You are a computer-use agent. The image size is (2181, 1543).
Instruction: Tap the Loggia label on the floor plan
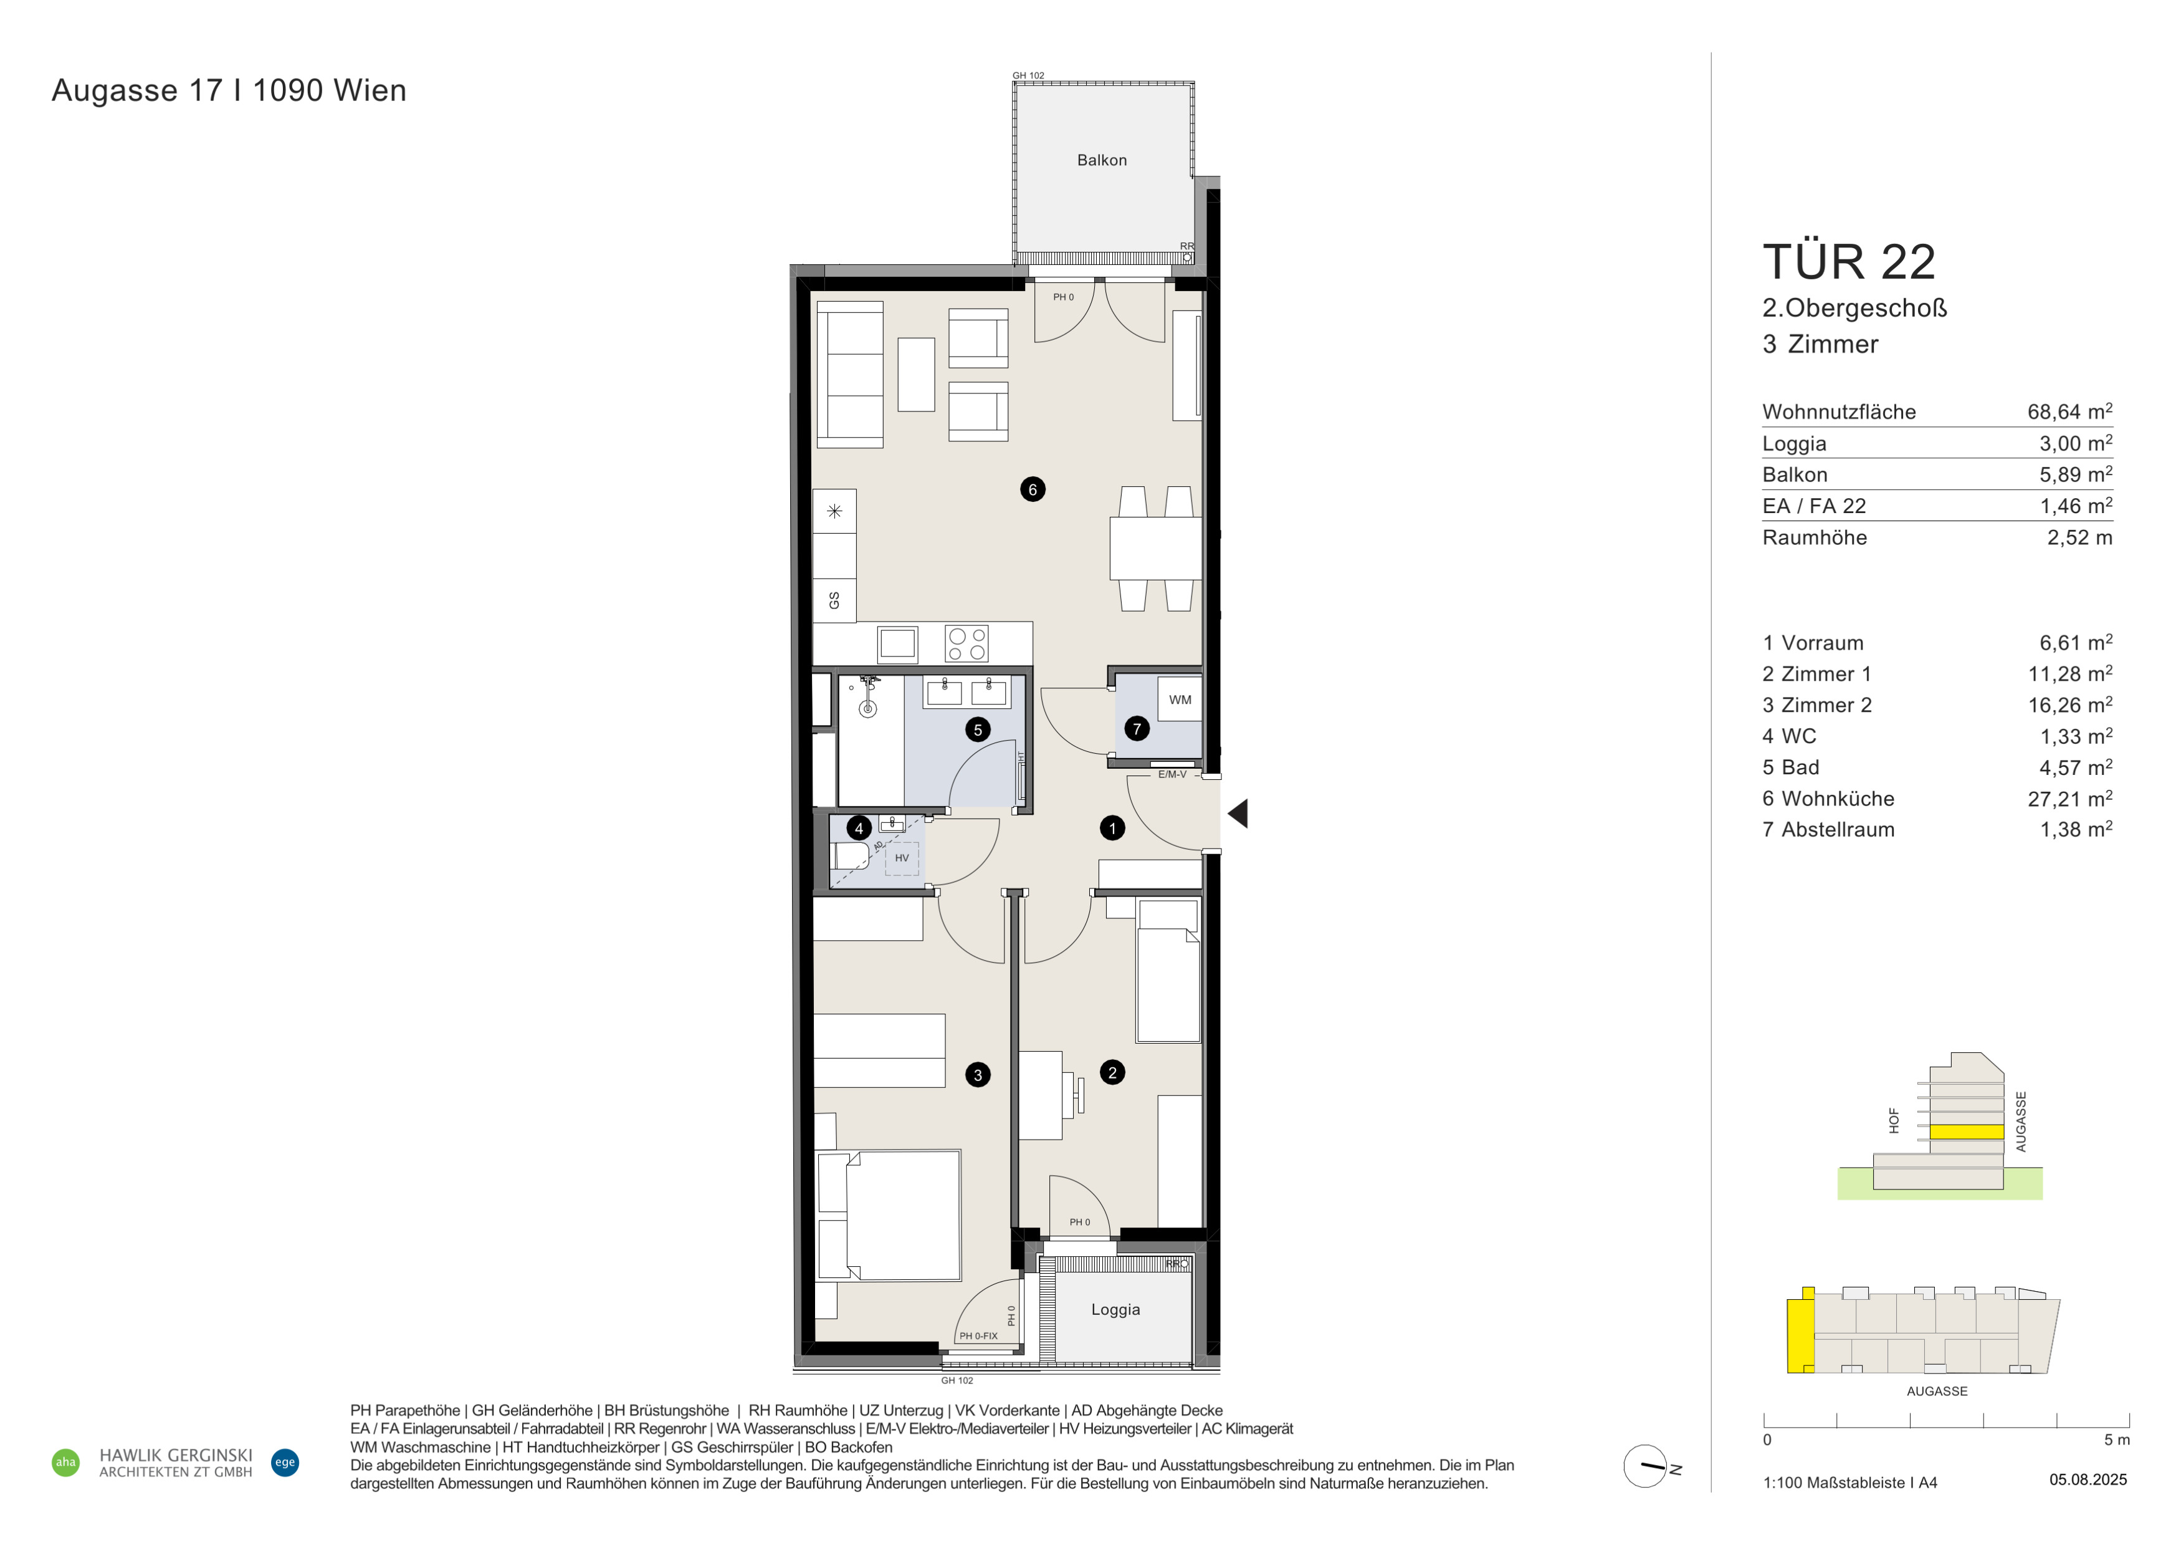point(1115,1309)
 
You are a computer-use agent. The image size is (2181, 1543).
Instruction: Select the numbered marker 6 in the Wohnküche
point(1033,489)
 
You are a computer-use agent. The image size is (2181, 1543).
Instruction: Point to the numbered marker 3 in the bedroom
point(978,1075)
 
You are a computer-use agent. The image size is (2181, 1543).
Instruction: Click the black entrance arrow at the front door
point(1238,814)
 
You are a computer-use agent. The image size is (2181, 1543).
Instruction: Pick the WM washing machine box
point(1180,699)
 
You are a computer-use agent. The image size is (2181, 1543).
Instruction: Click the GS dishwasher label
point(834,600)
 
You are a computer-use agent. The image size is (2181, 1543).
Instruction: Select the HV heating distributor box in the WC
point(902,858)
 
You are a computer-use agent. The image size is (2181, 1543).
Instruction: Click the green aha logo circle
point(65,1462)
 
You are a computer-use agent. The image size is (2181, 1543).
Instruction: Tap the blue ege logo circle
point(285,1462)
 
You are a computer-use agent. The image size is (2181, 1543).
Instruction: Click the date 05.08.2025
point(2088,1479)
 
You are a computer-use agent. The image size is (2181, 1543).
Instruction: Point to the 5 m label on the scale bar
point(2117,1440)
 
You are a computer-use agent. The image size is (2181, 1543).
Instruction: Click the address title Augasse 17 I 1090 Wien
point(229,90)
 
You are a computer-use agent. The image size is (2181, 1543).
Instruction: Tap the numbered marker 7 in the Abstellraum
point(1137,729)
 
